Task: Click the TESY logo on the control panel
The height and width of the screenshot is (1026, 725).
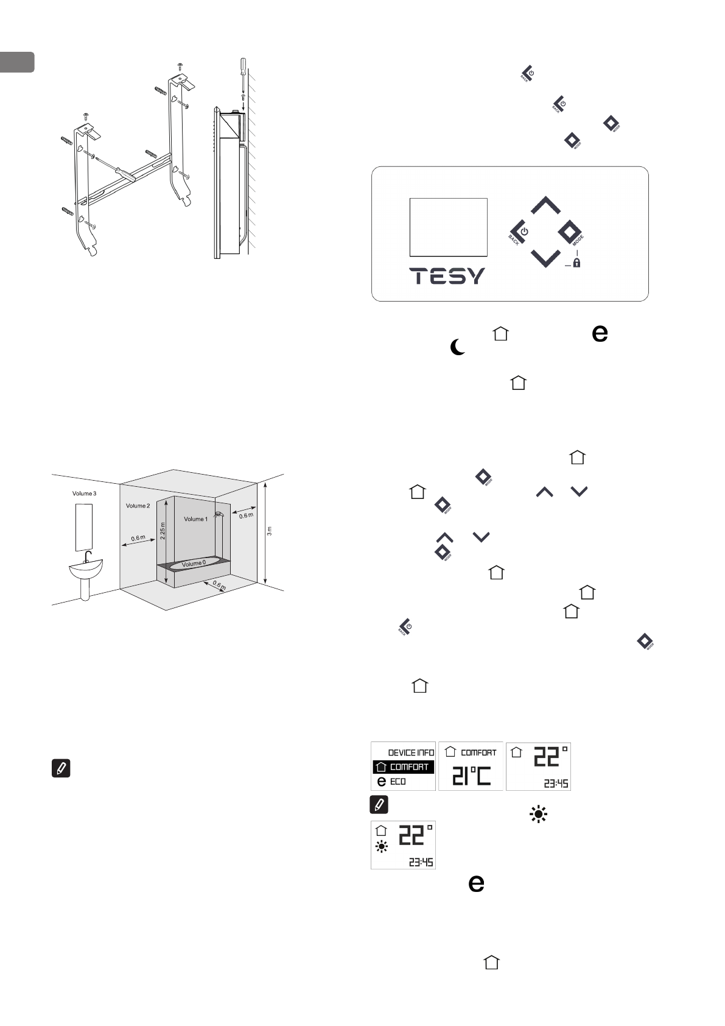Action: coord(447,276)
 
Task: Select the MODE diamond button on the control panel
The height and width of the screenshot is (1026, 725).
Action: coord(570,232)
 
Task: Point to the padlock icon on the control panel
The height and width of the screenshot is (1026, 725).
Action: coord(576,263)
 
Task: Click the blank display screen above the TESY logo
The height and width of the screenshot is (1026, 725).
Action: coord(448,227)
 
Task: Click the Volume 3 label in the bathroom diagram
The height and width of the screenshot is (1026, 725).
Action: coord(84,493)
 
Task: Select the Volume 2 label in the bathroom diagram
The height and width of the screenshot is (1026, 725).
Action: coord(137,506)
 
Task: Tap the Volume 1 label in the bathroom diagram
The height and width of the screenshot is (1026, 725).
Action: coord(195,519)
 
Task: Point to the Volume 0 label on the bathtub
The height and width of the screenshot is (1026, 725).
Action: coord(195,564)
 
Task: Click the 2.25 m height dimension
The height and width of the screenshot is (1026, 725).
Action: coord(163,525)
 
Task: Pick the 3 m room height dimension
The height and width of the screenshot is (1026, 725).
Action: coord(270,531)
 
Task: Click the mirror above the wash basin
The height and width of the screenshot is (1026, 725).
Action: coord(84,526)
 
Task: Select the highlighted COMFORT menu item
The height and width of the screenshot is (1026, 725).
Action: coord(404,766)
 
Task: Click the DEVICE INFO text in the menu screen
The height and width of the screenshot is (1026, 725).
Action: coord(411,752)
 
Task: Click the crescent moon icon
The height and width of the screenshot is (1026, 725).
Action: coord(457,348)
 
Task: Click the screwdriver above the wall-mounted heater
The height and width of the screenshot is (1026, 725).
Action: coord(242,74)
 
